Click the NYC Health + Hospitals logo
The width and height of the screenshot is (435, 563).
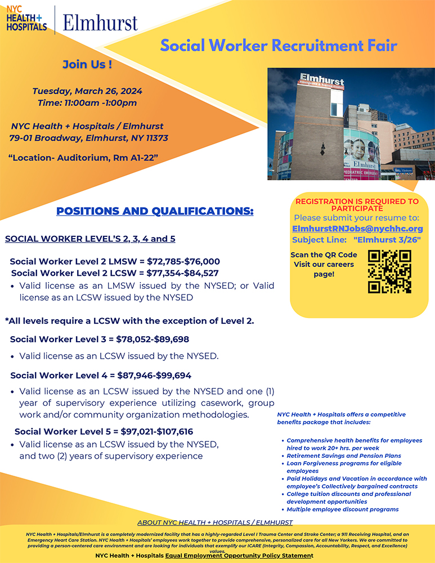point(26,19)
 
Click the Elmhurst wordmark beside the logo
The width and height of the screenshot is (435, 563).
point(100,23)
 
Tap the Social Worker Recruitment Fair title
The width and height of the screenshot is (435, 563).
point(279,46)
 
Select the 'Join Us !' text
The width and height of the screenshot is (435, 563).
point(87,64)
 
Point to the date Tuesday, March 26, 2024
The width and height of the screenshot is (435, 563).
point(87,91)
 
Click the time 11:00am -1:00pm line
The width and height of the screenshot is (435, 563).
point(87,102)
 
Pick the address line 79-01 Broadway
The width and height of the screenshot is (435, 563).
point(88,138)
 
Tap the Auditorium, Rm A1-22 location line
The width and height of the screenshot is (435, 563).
point(83,158)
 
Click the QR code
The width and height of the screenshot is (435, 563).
point(389,272)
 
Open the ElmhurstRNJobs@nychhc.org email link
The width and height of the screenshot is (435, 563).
point(357,229)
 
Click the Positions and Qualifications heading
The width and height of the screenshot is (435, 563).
point(155,212)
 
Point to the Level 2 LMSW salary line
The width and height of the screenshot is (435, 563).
point(115,262)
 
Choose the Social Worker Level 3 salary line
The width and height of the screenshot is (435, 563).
point(100,339)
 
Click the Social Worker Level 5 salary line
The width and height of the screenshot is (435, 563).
point(104,432)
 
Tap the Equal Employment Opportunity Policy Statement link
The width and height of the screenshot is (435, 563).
point(239,556)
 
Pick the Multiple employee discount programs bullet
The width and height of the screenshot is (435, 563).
point(342,509)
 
